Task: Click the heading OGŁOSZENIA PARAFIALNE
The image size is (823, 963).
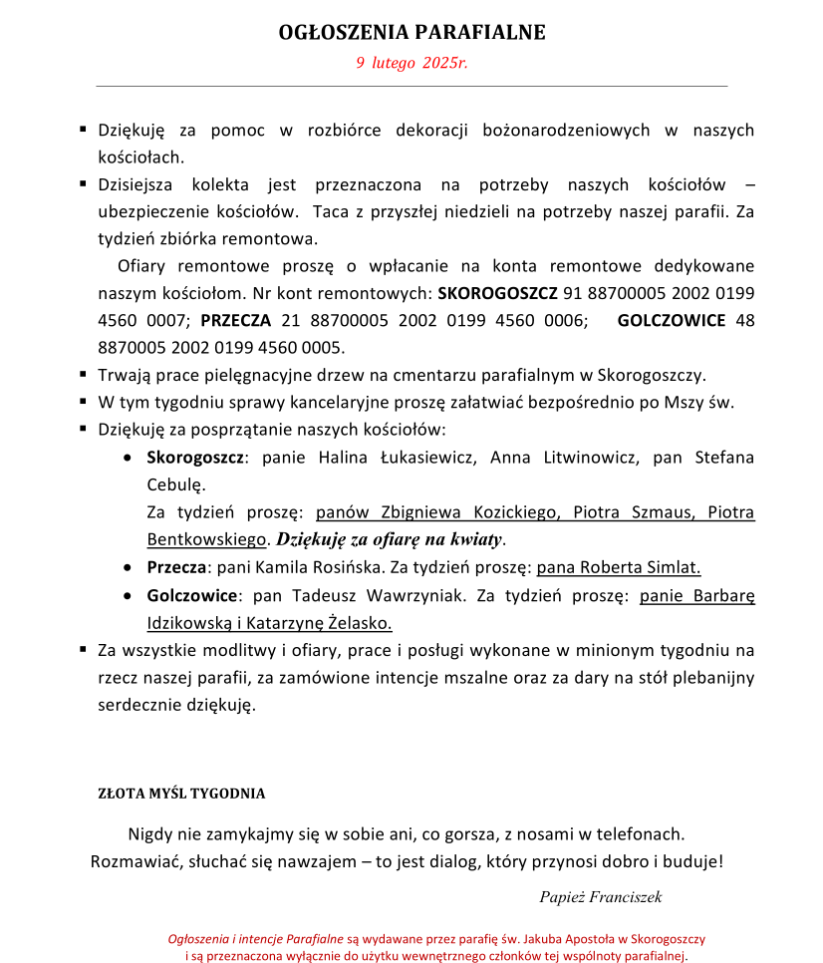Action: [x=411, y=32]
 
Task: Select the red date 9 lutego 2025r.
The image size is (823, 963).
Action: [x=411, y=63]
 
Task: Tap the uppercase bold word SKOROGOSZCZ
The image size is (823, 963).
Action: [x=497, y=294]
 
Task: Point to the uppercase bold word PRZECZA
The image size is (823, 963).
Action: [x=236, y=321]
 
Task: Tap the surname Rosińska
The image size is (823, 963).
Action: [x=324, y=568]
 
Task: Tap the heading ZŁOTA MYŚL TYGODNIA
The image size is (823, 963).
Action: [x=181, y=795]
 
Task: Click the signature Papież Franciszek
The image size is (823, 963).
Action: [x=600, y=897]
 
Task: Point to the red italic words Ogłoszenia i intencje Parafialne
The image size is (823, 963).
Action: [x=256, y=939]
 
